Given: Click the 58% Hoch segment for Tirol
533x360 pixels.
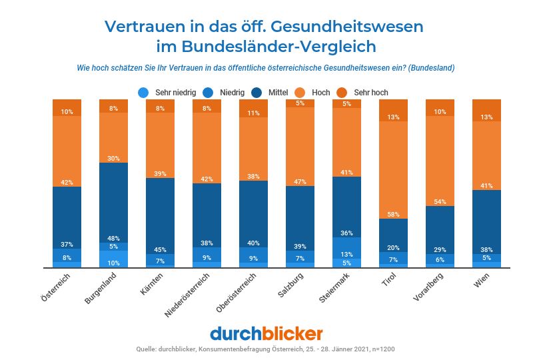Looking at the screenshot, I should [393, 170].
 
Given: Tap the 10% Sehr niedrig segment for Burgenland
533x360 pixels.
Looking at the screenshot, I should [114, 259].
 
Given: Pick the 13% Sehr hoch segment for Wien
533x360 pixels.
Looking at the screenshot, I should [486, 110].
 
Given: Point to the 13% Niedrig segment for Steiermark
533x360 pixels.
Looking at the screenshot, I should [346, 248].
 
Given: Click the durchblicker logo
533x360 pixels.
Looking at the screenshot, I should [266, 333].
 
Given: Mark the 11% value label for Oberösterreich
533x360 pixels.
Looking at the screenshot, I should [253, 113].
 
